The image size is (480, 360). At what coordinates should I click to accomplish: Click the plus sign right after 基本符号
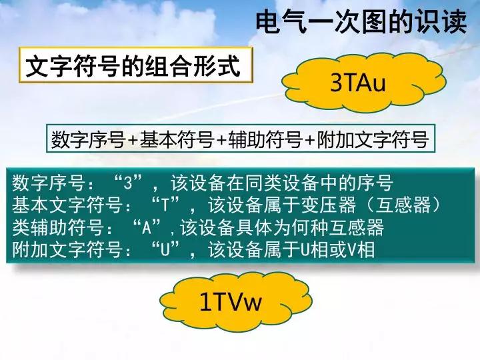(221, 140)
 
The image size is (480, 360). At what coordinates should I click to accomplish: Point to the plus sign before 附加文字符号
(309, 140)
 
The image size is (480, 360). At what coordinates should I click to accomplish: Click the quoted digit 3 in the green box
(128, 183)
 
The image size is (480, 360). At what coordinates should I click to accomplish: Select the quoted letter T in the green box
(165, 205)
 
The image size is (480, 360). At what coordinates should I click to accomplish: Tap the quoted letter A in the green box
(147, 228)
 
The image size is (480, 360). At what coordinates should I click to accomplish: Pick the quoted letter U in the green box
(165, 250)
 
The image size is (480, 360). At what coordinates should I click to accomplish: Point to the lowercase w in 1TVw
(253, 304)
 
